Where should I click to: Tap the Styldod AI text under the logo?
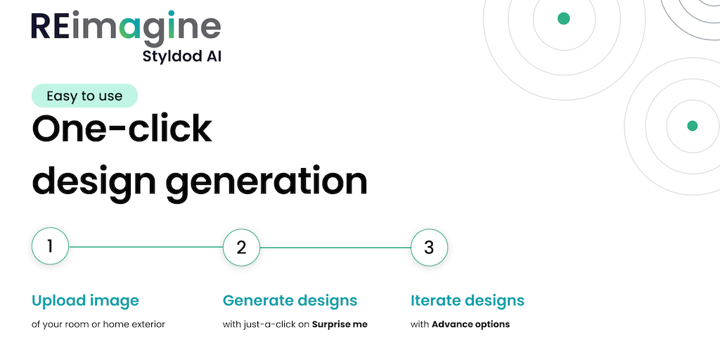[x=182, y=56]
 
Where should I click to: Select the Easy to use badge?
[x=84, y=96]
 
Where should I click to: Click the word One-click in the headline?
[x=122, y=129]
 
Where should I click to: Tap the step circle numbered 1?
[x=50, y=247]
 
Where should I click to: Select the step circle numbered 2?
[x=242, y=247]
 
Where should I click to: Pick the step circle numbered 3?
[x=429, y=247]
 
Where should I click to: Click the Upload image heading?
[x=85, y=301]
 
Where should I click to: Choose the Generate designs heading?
[x=290, y=301]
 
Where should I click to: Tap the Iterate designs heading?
[x=467, y=301]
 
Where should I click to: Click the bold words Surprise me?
[x=340, y=324]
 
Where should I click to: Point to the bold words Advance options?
[x=470, y=324]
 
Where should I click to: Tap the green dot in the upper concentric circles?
[x=563, y=18]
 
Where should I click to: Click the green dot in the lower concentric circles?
[x=692, y=126]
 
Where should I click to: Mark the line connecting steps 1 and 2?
[x=146, y=247]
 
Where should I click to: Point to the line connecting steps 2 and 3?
[x=335, y=247]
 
